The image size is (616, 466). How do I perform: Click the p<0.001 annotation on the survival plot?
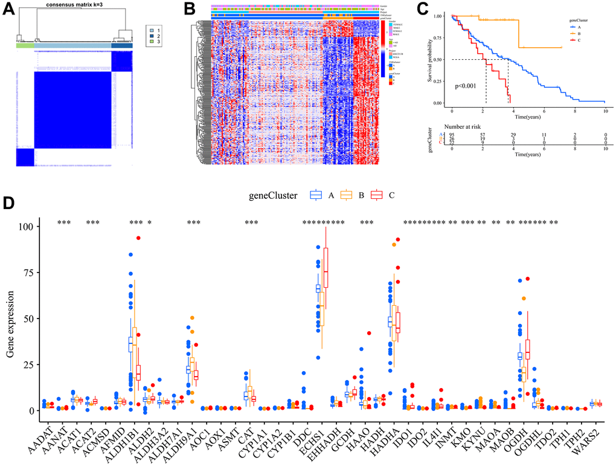(466, 86)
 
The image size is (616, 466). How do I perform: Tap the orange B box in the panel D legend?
(346, 195)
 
